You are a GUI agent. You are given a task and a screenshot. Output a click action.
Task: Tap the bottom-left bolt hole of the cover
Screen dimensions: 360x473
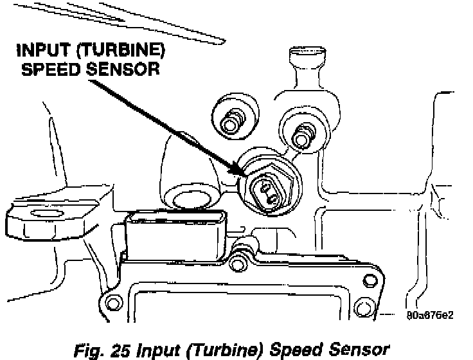[114, 303]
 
